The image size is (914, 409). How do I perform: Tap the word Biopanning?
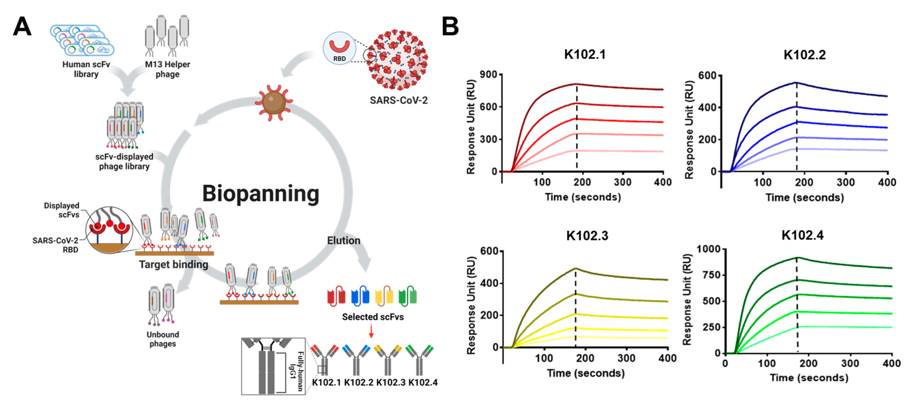point(260,193)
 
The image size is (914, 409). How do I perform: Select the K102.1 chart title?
point(585,54)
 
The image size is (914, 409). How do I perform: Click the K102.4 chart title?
point(802,235)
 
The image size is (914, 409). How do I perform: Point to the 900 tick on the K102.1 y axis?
point(489,74)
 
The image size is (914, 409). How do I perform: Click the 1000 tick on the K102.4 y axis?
point(709,249)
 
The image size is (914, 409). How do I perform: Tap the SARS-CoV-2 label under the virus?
point(398,100)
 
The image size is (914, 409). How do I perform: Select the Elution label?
point(343,241)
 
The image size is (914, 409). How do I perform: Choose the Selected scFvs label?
point(373,317)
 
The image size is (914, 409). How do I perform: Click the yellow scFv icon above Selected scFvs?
point(384,296)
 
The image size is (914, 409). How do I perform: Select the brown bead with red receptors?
point(274,102)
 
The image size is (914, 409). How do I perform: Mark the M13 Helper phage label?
point(167,69)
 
